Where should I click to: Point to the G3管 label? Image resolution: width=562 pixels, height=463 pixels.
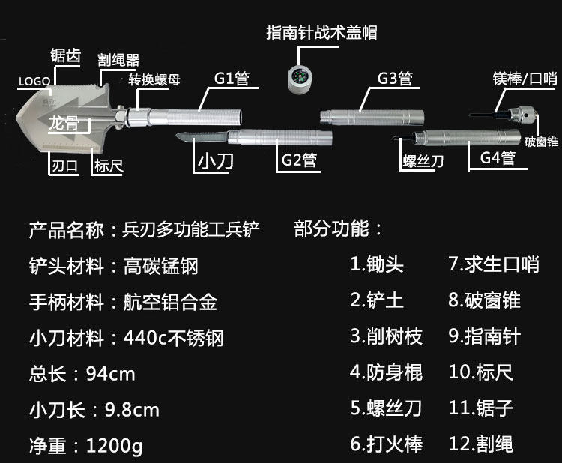[394, 78]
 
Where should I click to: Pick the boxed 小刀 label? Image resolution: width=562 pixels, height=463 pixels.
[216, 160]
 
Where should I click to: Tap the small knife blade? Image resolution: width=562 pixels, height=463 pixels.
[202, 136]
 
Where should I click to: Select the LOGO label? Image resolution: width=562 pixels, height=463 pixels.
[34, 80]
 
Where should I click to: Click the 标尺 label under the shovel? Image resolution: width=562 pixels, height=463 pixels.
[109, 166]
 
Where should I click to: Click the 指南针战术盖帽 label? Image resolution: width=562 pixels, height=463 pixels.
[321, 32]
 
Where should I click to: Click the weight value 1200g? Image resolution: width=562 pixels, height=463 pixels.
[114, 446]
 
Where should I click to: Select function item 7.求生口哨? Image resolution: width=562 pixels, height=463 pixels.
[494, 264]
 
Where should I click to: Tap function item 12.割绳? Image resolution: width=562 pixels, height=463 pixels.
[481, 444]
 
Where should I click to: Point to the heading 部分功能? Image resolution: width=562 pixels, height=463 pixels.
[339, 229]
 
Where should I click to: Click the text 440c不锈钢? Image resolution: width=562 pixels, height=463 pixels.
[173, 338]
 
